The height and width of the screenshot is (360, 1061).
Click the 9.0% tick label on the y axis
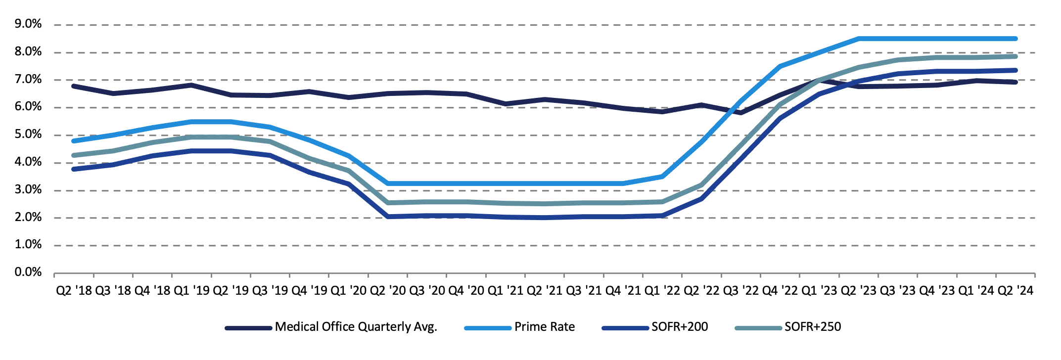(x=28, y=24)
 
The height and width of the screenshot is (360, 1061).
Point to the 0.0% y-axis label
(x=28, y=272)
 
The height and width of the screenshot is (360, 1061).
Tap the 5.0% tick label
(x=28, y=135)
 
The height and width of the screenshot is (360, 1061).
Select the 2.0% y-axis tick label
(x=28, y=217)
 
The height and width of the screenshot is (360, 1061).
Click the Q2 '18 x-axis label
(x=74, y=291)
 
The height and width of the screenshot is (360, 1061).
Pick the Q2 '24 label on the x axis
(x=1015, y=291)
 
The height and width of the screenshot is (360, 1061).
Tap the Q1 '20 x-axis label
(x=349, y=291)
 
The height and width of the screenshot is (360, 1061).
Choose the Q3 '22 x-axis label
(x=741, y=291)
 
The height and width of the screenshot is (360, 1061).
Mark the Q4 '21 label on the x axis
(x=623, y=291)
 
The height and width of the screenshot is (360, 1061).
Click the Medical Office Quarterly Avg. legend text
(x=356, y=327)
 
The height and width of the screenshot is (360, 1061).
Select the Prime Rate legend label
(x=545, y=327)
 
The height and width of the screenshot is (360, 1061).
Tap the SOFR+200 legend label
(x=680, y=327)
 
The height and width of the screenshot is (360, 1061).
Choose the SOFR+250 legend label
(x=813, y=327)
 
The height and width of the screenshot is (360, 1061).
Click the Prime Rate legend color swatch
(x=488, y=328)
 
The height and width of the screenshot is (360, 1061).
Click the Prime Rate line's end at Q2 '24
(x=1015, y=39)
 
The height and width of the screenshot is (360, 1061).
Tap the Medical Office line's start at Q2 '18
(x=74, y=86)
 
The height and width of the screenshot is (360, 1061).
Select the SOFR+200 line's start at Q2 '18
(x=74, y=169)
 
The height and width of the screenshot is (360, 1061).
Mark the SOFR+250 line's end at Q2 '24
(x=1015, y=56)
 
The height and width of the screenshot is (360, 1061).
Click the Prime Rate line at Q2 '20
(x=388, y=183)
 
